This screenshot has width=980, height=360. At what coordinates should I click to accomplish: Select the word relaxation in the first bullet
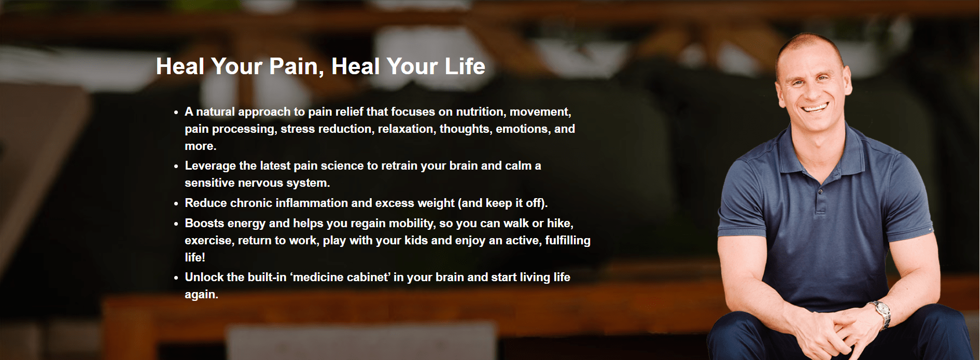tap(406, 129)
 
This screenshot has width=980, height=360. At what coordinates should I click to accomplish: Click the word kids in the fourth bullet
tap(416, 240)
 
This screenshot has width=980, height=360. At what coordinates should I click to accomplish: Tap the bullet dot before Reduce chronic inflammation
tap(176, 204)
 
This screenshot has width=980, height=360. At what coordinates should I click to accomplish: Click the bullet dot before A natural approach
tap(176, 113)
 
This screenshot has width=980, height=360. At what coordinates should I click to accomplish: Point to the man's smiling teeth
tap(816, 108)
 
